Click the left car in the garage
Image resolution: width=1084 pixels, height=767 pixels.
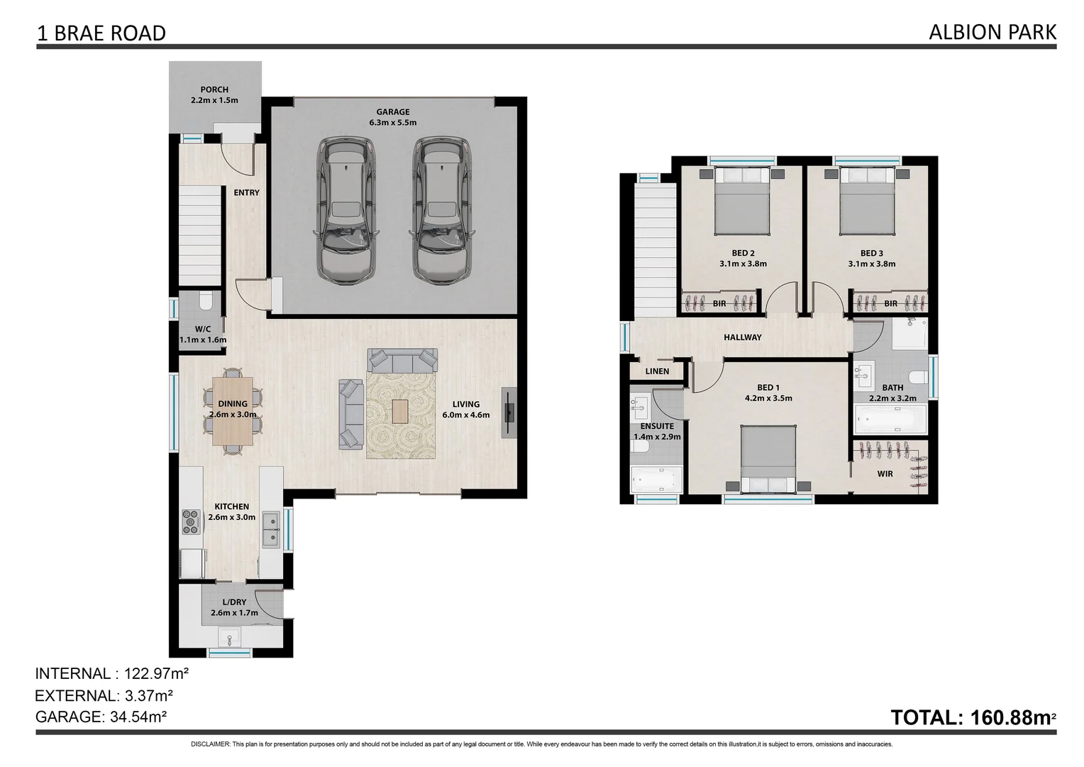[343, 210]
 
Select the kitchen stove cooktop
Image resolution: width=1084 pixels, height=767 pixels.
[192, 522]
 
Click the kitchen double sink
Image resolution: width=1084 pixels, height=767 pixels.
[271, 529]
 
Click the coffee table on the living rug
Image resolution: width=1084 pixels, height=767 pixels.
[400, 412]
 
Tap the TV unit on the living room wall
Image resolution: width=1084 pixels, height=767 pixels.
[509, 413]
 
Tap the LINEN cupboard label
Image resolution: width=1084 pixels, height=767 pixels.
[657, 371]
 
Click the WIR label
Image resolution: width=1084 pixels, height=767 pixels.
[885, 474]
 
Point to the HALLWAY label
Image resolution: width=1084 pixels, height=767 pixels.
[742, 337]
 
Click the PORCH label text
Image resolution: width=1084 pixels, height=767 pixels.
[214, 89]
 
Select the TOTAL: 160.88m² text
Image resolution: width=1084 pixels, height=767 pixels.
[973, 717]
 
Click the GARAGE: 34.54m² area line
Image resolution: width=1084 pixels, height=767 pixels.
[101, 717]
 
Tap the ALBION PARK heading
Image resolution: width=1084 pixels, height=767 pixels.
[992, 32]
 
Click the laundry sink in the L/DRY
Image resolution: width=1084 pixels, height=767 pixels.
[229, 638]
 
